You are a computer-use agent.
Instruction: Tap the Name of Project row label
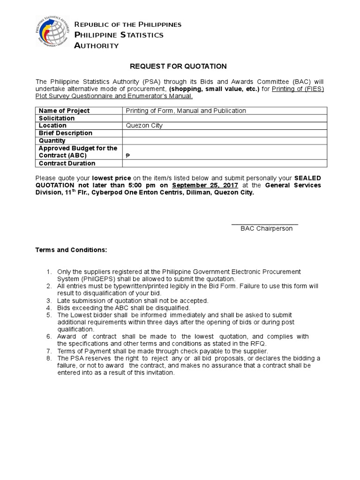[x=64, y=111]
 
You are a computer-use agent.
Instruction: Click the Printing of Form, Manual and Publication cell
[x=186, y=111]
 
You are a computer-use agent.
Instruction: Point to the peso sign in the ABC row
[x=128, y=156]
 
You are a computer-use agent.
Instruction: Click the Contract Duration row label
[x=67, y=163]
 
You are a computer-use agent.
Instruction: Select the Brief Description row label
[x=66, y=133]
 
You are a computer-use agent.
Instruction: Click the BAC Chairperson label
[x=266, y=228]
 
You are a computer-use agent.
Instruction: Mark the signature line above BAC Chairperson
[x=265, y=225]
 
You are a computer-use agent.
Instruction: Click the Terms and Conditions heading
[x=71, y=250]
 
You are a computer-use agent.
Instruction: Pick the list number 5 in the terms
[x=48, y=315]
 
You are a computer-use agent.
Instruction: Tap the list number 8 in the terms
[x=48, y=358]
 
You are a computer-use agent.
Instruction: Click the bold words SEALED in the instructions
[x=307, y=178]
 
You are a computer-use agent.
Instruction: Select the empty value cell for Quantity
[x=225, y=141]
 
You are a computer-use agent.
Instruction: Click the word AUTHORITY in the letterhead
[x=97, y=45]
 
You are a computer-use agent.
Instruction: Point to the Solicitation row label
[x=57, y=118]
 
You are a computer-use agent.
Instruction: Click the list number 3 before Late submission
[x=48, y=300]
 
